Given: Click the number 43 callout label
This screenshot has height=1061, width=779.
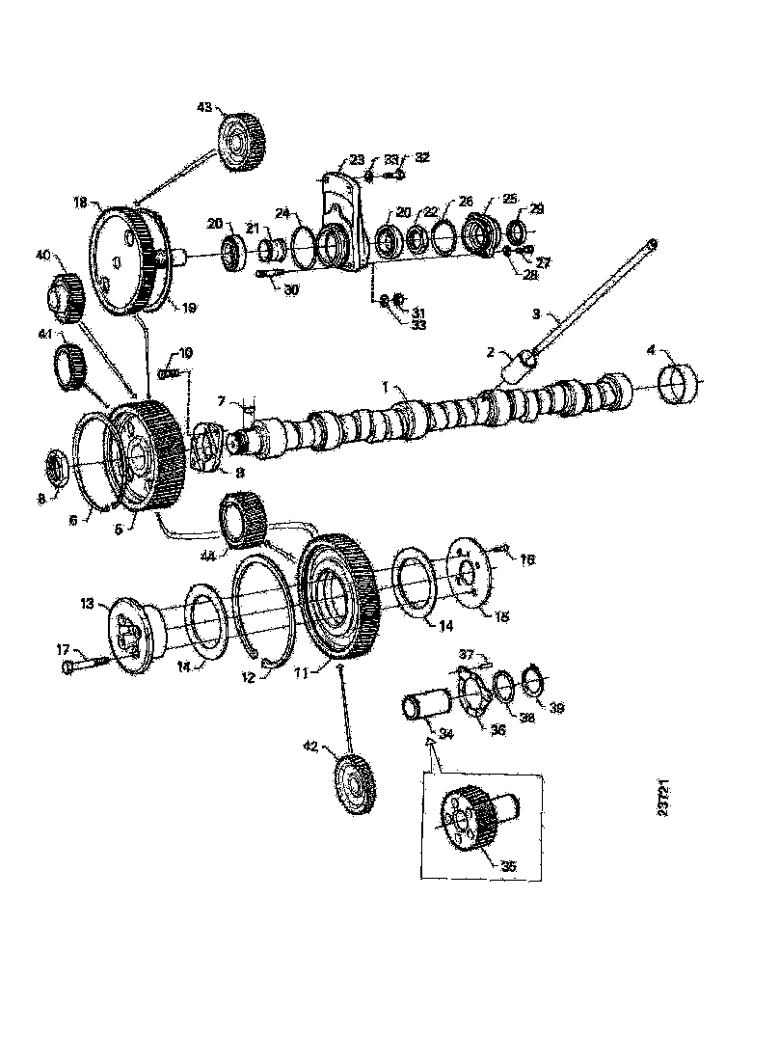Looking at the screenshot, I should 204,108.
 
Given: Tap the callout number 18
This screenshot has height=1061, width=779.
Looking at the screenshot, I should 80,202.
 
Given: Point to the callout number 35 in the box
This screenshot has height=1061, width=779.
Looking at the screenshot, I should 508,865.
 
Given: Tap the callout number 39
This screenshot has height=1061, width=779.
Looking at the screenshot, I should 556,708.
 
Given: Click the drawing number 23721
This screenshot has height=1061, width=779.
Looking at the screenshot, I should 665,801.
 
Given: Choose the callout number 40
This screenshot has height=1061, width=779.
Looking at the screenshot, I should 43,256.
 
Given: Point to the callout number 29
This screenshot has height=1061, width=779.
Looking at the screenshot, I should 537,208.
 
